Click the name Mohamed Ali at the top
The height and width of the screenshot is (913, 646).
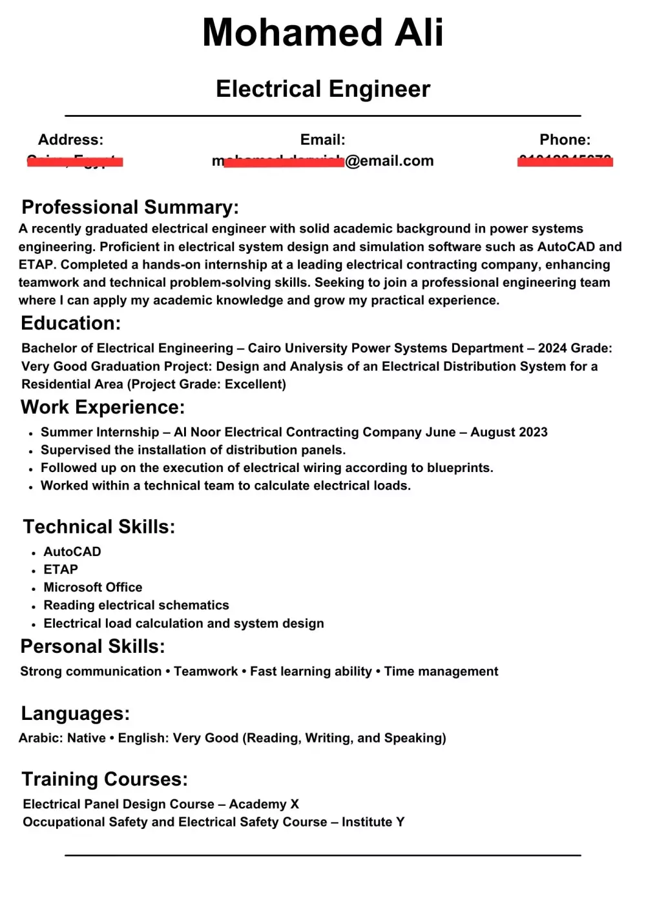323,32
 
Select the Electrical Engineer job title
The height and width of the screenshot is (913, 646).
323,89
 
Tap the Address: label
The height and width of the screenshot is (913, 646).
70,139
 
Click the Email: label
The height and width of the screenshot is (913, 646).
322,139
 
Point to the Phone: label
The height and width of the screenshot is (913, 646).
565,139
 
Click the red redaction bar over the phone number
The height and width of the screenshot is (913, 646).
565,161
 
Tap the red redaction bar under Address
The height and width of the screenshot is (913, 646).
75,161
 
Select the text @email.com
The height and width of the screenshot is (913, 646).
390,161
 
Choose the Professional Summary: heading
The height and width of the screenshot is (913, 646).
130,207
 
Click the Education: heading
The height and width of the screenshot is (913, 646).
70,323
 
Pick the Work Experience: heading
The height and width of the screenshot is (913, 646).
103,407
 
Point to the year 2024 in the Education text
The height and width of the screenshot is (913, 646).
552,349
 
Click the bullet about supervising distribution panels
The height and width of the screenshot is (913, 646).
193,450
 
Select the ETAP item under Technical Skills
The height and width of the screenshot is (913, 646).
61,569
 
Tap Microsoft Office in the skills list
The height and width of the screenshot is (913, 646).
93,588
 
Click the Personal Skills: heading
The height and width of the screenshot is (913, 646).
92,646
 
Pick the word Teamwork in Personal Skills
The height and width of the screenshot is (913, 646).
205,672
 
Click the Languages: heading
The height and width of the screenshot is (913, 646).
75,713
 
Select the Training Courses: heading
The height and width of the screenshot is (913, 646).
105,779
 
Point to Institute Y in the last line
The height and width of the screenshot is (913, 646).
373,822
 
